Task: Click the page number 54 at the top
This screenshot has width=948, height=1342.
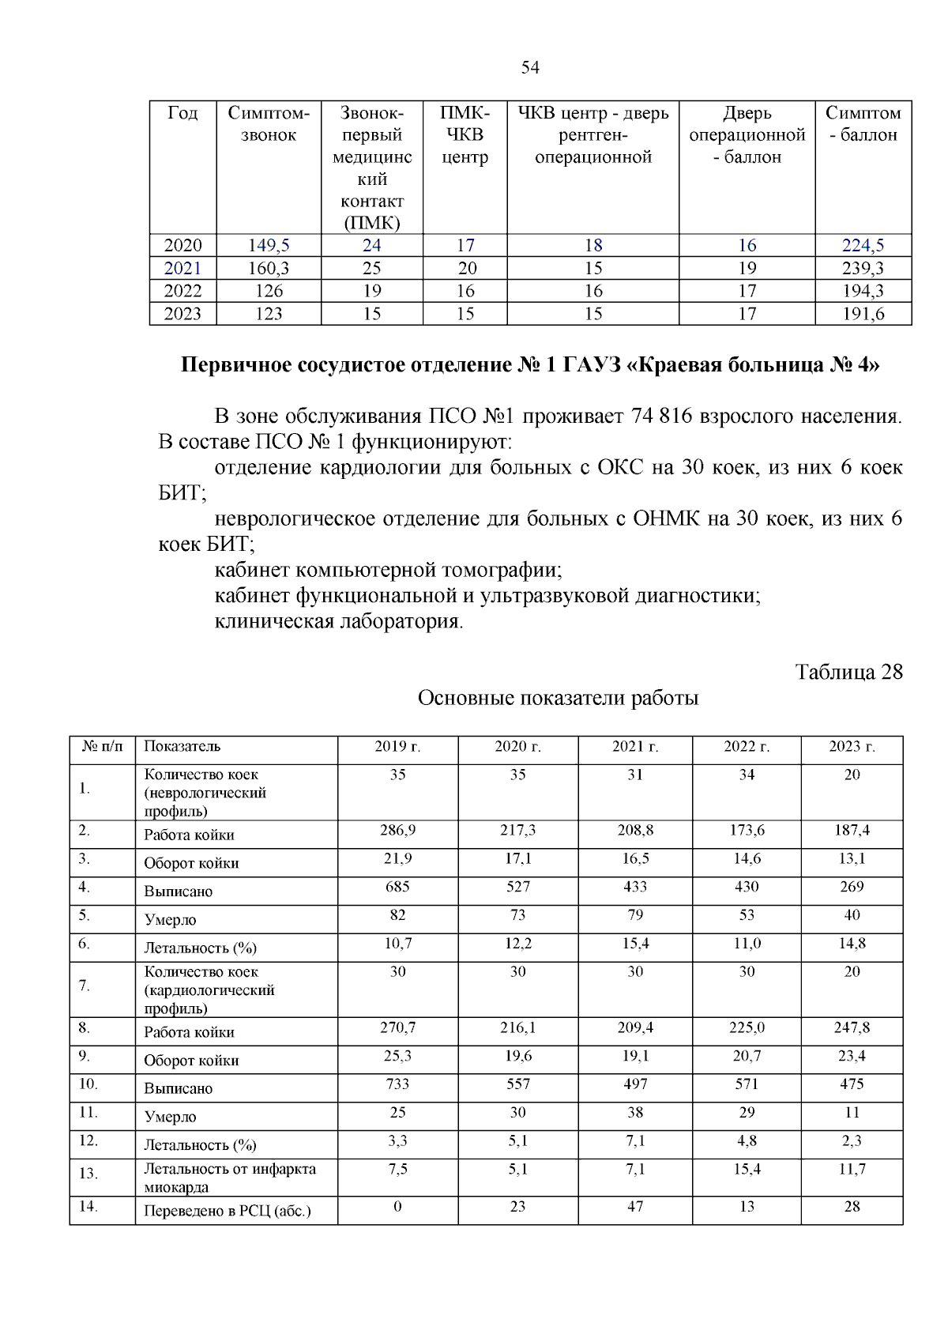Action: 530,68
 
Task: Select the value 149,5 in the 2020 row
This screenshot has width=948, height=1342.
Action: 269,246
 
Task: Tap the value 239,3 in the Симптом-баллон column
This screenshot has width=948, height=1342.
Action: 863,269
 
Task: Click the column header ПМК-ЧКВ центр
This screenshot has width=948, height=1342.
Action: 465,135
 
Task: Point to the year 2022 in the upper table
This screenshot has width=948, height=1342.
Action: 182,291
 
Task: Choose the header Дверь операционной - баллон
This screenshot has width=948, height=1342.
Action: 747,135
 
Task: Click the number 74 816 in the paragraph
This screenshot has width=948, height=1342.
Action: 662,417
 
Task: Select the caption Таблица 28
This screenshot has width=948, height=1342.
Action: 848,673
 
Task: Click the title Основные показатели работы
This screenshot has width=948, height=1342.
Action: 558,699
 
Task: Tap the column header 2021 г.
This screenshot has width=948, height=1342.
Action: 635,747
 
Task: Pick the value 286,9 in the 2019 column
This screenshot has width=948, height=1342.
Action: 397,831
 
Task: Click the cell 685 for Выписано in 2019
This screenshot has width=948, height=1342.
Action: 397,887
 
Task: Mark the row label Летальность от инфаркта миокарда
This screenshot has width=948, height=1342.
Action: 229,1178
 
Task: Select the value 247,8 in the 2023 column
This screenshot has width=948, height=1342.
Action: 852,1028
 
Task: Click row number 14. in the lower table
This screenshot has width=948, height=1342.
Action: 87,1207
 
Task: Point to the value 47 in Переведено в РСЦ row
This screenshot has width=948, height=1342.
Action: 635,1207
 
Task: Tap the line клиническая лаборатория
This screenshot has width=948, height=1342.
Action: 339,622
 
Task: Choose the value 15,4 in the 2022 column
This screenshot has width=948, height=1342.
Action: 747,1169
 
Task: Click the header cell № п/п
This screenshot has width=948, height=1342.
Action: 103,747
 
